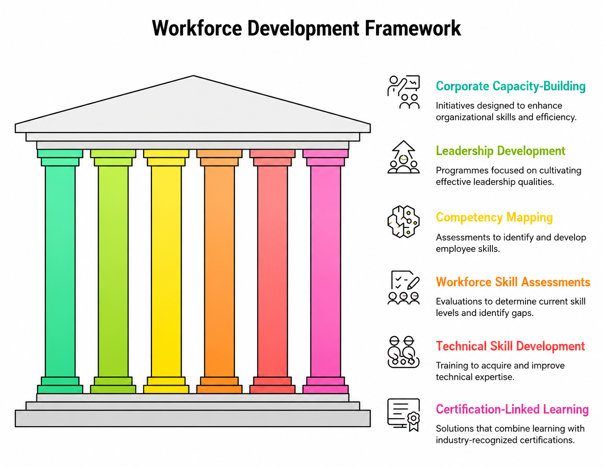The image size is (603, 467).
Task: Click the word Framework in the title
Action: click(412, 28)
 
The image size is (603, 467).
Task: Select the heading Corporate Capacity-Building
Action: click(511, 86)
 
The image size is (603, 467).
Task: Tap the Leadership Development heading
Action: click(501, 151)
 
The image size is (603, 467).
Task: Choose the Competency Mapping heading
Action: click(494, 217)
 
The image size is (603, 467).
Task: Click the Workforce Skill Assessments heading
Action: click(513, 282)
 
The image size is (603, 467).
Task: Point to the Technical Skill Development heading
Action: click(510, 346)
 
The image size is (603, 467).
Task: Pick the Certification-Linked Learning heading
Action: click(512, 409)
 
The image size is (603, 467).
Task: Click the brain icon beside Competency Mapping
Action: click(404, 222)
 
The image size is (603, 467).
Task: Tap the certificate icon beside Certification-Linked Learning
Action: click(404, 415)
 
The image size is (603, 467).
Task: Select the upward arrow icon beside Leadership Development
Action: click(404, 157)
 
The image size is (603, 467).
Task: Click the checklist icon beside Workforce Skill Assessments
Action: click(404, 288)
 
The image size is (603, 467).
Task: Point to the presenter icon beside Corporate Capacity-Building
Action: click(404, 92)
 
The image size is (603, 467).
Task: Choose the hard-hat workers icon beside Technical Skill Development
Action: click(404, 352)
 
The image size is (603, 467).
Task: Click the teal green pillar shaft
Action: click(60, 271)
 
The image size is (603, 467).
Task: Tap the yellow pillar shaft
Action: click(166, 271)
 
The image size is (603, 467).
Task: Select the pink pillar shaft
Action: click(326, 271)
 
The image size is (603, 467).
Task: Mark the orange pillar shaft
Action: click(219, 271)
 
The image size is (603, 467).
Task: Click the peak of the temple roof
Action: click(193, 76)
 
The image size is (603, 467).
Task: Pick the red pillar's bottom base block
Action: click(273, 389)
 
